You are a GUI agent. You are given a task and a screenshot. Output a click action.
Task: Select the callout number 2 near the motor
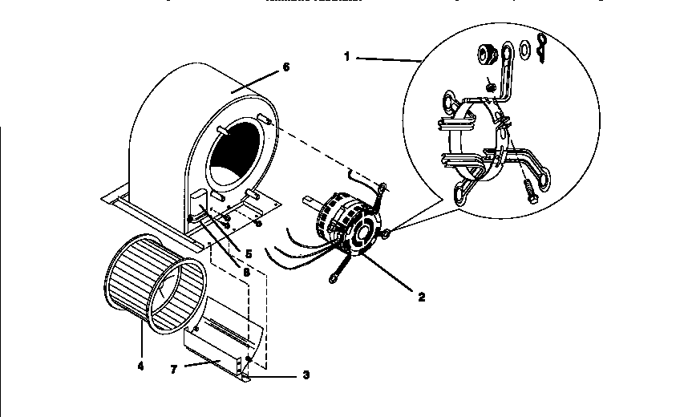pyautogui.click(x=421, y=295)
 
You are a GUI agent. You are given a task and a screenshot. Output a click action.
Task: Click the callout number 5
pyautogui.click(x=249, y=254)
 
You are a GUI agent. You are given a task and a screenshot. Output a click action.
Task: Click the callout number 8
pyautogui.click(x=246, y=273)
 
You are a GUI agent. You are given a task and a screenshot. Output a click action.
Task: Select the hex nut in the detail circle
pyautogui.click(x=484, y=55)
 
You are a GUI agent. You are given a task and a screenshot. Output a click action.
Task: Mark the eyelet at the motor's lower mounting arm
pyautogui.click(x=333, y=280)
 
